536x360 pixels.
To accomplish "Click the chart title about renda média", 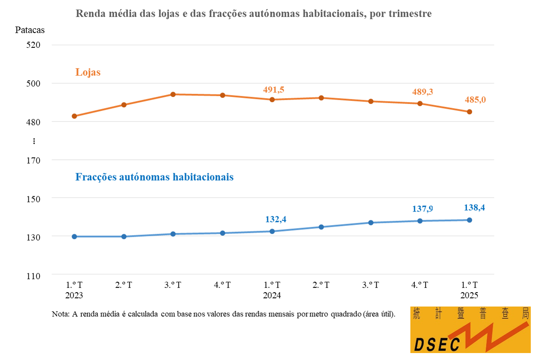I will (254, 13).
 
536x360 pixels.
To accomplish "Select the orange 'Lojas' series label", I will (88, 72).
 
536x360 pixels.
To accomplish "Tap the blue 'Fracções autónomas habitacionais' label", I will (154, 177).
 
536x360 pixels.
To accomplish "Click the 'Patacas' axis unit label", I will (30, 30).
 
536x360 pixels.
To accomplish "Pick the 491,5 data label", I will (274, 89).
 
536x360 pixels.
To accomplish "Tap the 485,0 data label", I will (475, 99).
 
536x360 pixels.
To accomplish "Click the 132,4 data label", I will (276, 219).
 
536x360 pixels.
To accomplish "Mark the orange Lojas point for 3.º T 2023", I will (173, 94).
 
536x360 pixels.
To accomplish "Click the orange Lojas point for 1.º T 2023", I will (74, 116).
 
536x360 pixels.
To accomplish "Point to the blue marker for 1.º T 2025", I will (470, 220).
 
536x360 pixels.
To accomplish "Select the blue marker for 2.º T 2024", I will (321, 227).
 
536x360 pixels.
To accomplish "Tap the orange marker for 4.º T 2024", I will (420, 103).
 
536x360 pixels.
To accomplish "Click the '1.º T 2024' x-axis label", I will (271, 290).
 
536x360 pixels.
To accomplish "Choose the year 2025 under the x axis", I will (469, 295).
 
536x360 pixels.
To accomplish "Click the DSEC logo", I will (470, 330).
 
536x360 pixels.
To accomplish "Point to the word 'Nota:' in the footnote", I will (60, 314).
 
